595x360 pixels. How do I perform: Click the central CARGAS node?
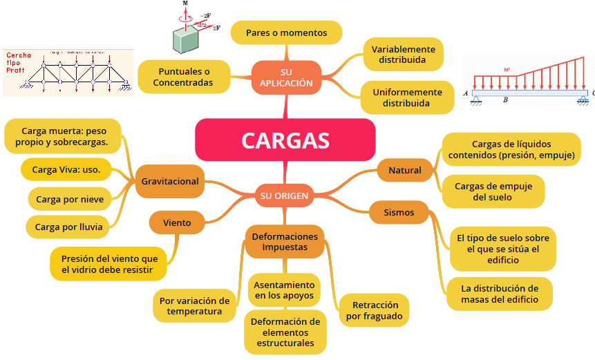point(285,140)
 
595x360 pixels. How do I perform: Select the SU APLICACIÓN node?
point(287,77)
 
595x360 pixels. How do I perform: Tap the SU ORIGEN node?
point(284,196)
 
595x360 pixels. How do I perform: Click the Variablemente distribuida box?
point(404,55)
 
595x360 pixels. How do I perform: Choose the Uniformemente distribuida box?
point(407,97)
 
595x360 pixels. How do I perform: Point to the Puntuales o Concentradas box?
point(184,77)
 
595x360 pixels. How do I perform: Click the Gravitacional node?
point(170,182)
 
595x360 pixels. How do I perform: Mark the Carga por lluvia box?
point(68,226)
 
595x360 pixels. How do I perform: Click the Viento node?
point(177,223)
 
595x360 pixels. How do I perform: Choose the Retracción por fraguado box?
point(375,310)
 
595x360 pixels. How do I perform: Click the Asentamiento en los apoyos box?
point(284,290)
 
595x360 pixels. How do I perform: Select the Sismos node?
point(399,212)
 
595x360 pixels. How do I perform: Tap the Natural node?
point(405,170)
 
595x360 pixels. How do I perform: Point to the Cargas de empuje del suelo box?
point(493,191)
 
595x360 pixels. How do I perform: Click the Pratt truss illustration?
point(68,71)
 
